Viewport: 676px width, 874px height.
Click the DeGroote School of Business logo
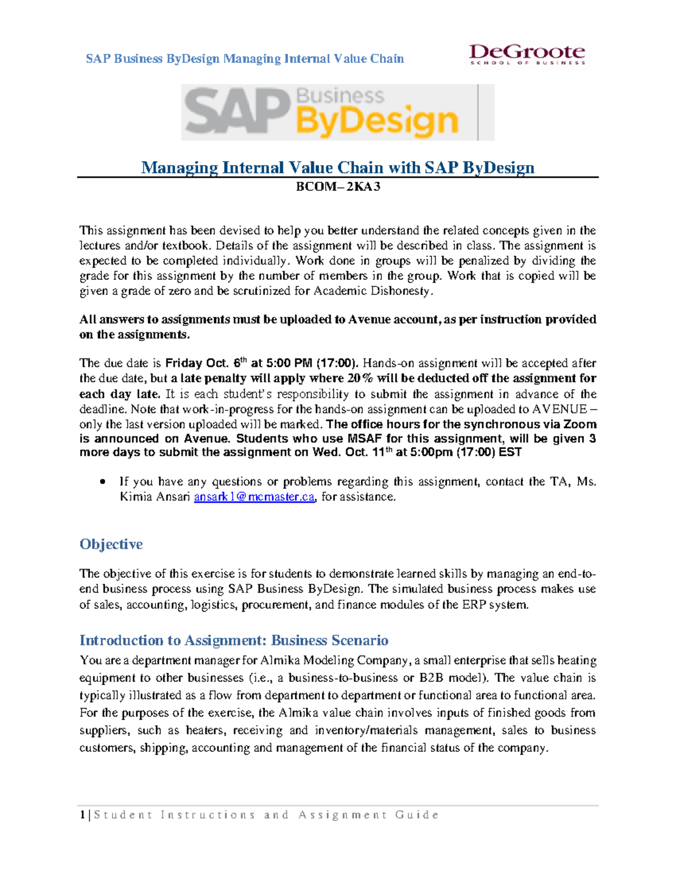pyautogui.click(x=527, y=55)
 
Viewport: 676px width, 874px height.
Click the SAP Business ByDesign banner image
pyautogui.click(x=337, y=112)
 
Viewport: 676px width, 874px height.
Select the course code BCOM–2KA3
pyautogui.click(x=338, y=187)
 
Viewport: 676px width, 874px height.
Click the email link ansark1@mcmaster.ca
pyautogui.click(x=254, y=497)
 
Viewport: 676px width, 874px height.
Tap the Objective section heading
pyautogui.click(x=111, y=544)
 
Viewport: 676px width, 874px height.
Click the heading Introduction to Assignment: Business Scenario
pyautogui.click(x=234, y=640)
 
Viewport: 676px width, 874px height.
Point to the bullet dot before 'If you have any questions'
pyautogui.click(x=102, y=482)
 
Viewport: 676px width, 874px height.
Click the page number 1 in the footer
pyautogui.click(x=82, y=815)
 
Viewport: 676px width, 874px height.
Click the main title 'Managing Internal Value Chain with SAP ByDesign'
pyautogui.click(x=337, y=168)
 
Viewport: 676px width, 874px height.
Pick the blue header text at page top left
pyautogui.click(x=244, y=59)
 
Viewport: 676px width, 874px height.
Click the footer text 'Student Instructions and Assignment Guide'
pyautogui.click(x=266, y=815)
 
